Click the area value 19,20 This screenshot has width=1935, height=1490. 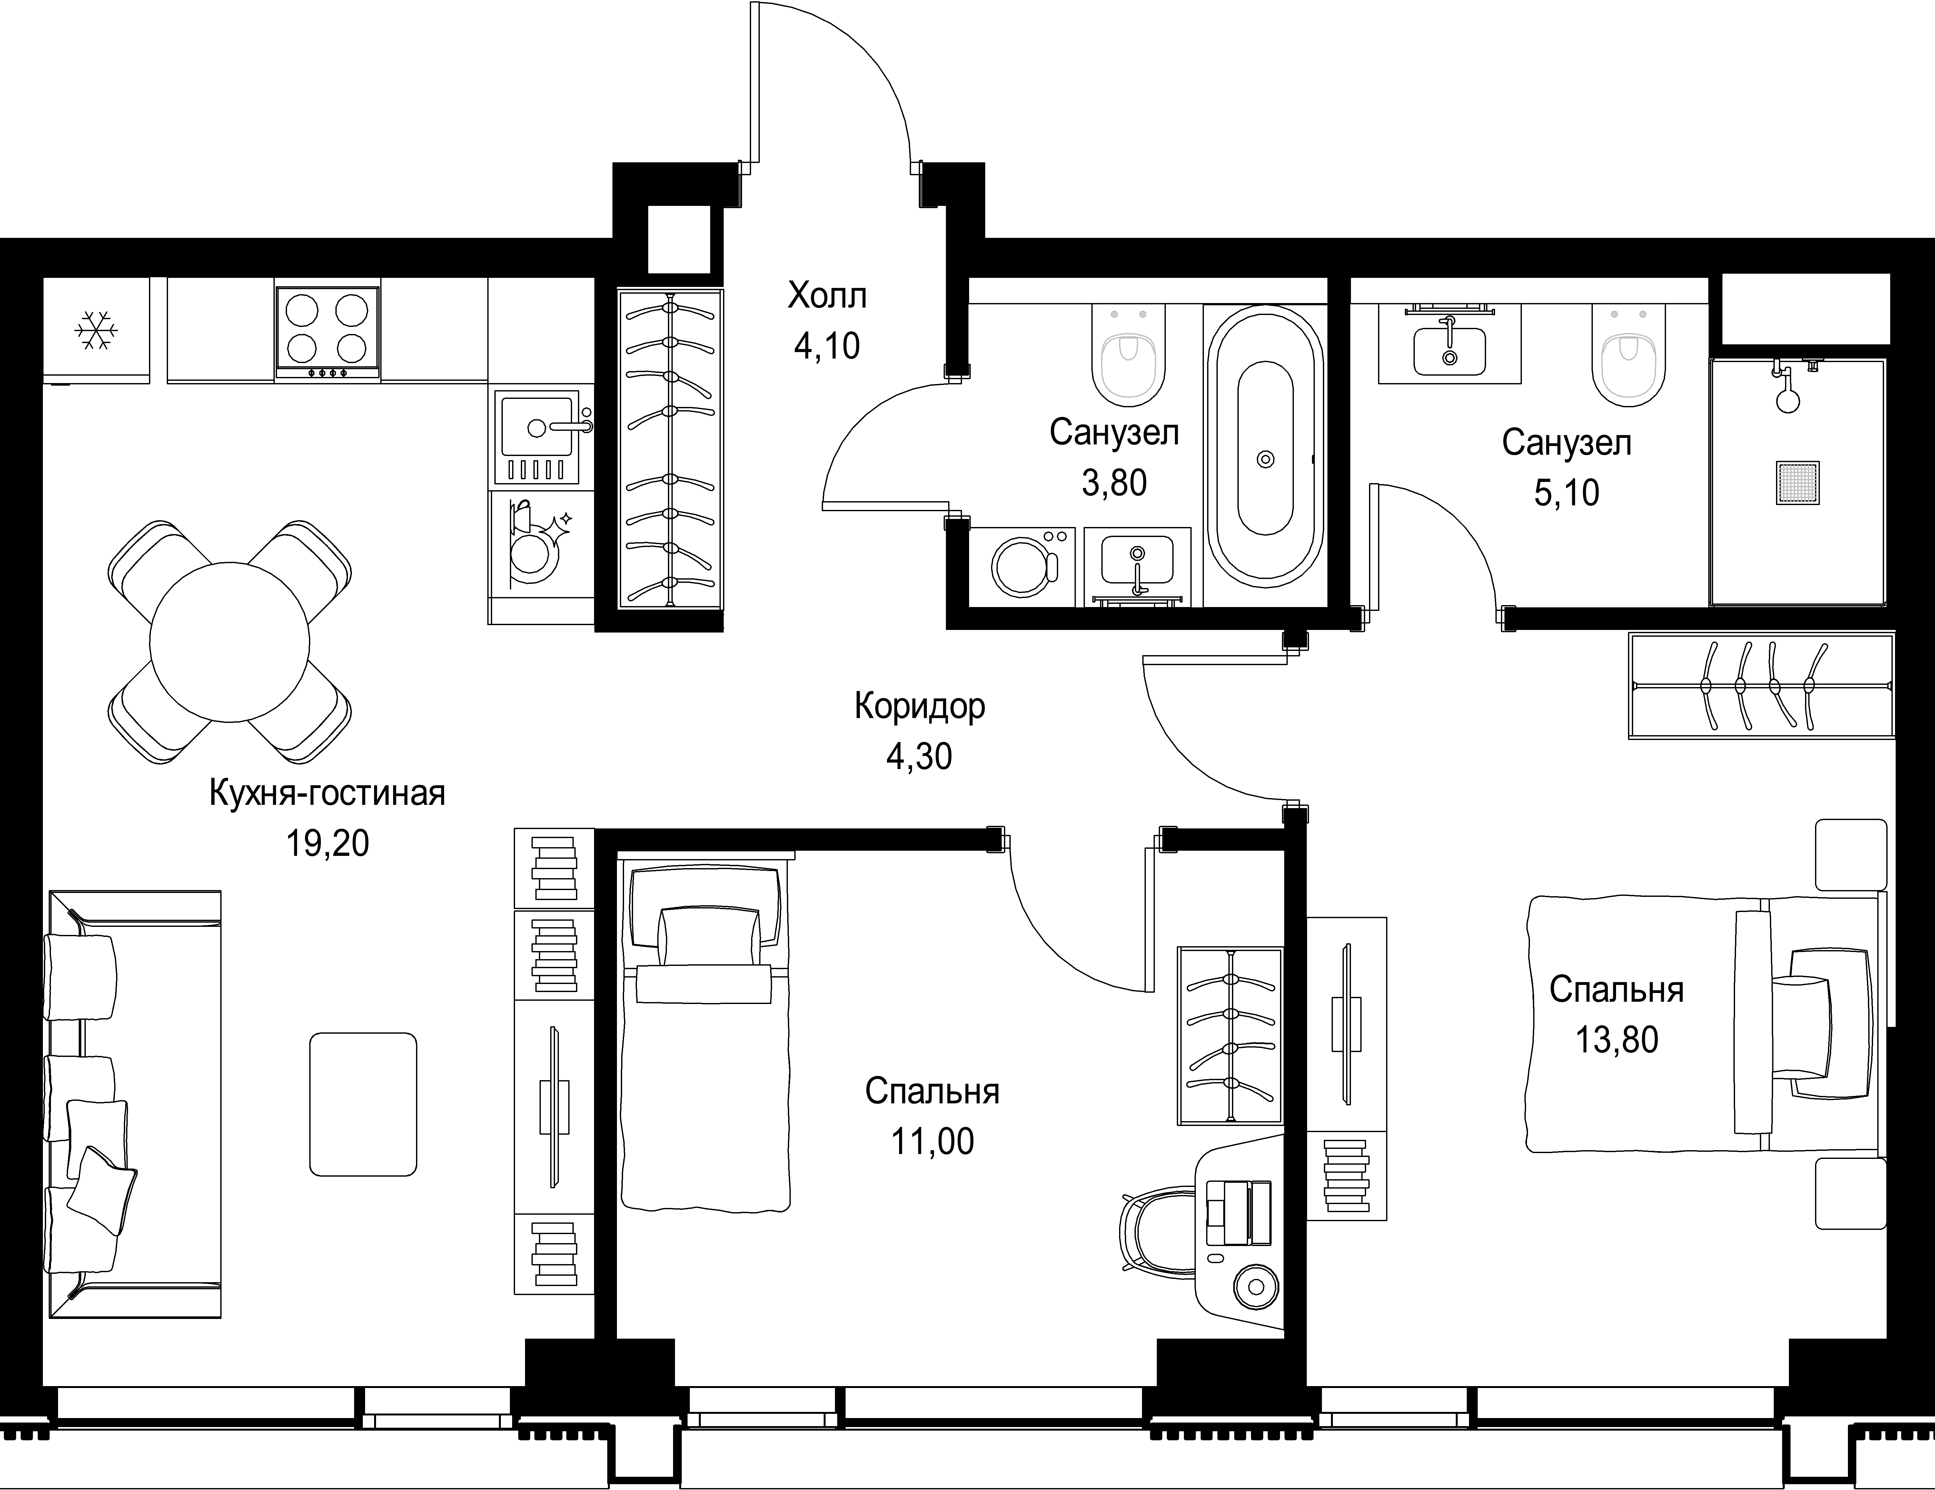(327, 843)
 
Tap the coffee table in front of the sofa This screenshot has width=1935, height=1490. (363, 1104)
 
